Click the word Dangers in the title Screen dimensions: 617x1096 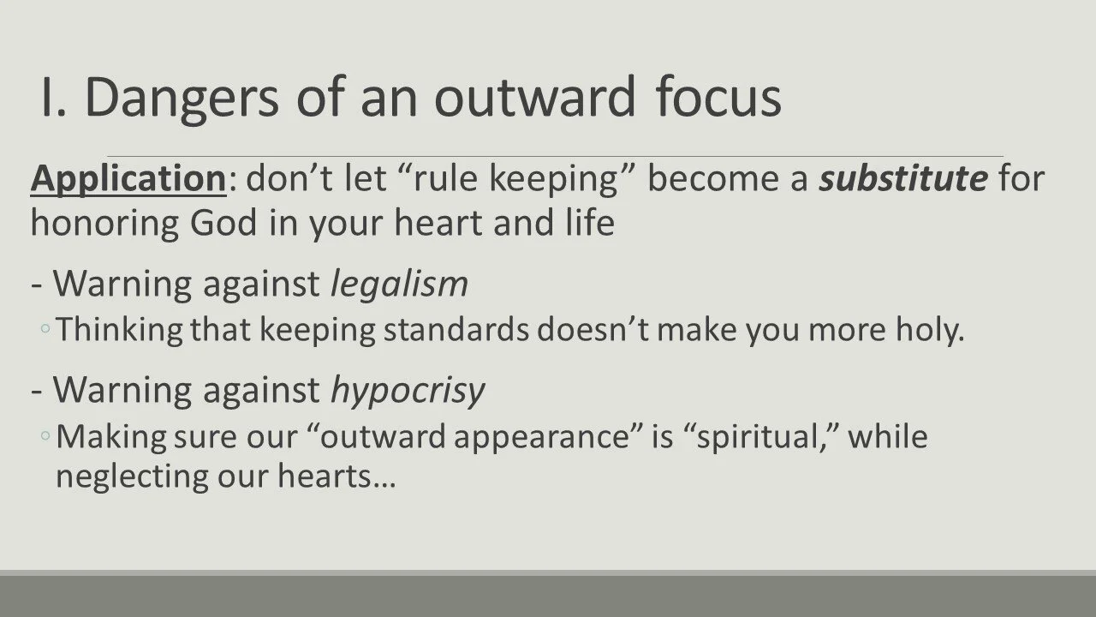pyautogui.click(x=182, y=98)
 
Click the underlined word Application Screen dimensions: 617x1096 pyautogui.click(x=128, y=179)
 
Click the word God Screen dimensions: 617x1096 pyautogui.click(x=226, y=223)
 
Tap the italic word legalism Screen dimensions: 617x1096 pyautogui.click(x=399, y=285)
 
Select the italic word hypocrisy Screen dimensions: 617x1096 pyautogui.click(x=408, y=390)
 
